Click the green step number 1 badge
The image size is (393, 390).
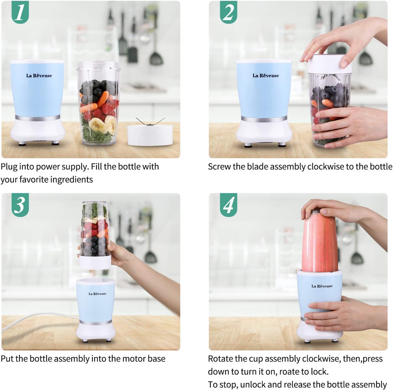click(x=20, y=12)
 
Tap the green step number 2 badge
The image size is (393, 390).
click(x=228, y=12)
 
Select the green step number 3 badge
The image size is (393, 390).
click(x=20, y=205)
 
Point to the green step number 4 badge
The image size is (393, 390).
click(x=228, y=205)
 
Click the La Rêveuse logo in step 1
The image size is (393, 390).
click(x=39, y=75)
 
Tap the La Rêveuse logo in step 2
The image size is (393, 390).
click(x=266, y=75)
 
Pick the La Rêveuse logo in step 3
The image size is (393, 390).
click(x=97, y=294)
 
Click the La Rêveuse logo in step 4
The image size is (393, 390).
click(x=322, y=286)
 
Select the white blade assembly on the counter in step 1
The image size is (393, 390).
click(x=150, y=135)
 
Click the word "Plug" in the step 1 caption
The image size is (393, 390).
click(x=9, y=167)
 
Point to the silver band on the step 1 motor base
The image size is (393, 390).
click(x=38, y=118)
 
